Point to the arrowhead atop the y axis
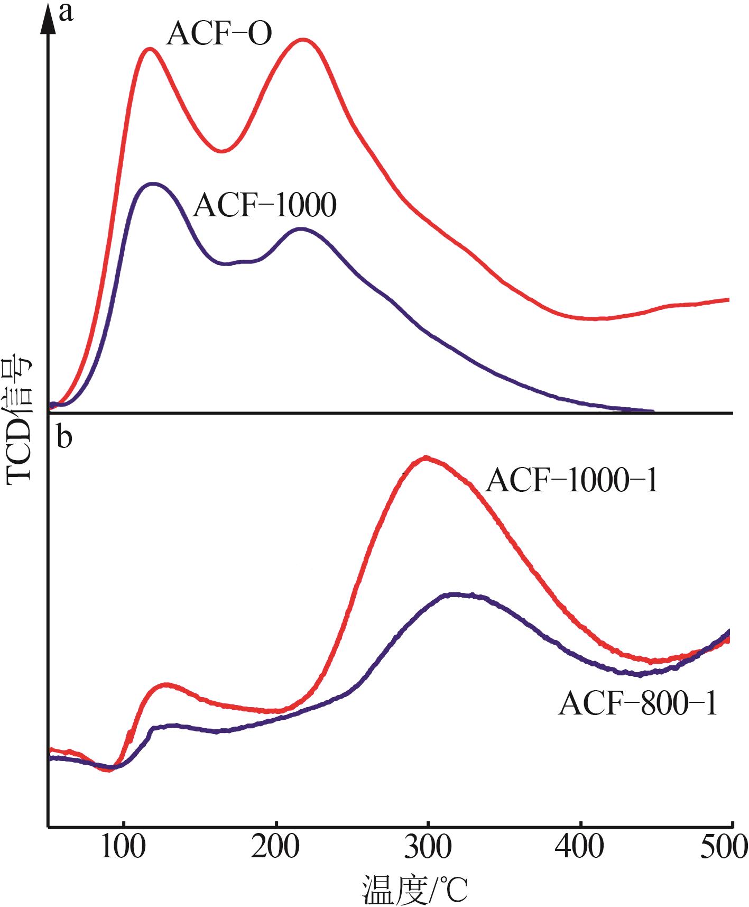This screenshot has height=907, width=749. tap(49, 16)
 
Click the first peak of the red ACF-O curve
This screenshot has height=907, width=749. tap(150, 49)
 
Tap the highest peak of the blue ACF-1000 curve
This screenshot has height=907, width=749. tap(153, 184)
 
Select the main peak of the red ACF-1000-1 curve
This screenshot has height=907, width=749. tap(426, 457)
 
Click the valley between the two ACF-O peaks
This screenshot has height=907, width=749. tap(222, 151)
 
